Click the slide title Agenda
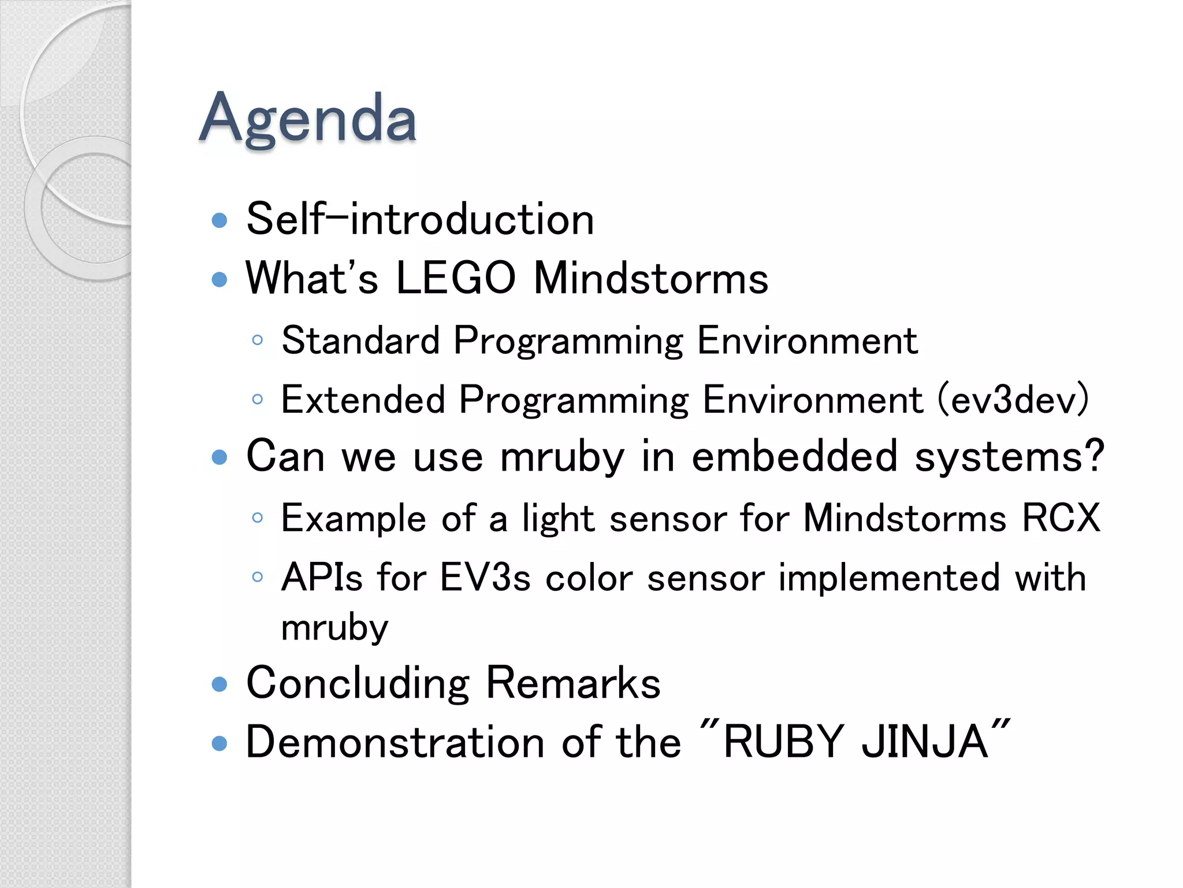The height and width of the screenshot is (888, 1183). pyautogui.click(x=307, y=119)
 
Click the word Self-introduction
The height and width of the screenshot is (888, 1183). pyautogui.click(x=420, y=220)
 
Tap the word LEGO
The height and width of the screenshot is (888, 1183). pyautogui.click(x=456, y=279)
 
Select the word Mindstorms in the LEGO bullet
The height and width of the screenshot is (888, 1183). pyautogui.click(x=650, y=279)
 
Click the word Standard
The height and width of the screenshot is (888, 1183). pyautogui.click(x=360, y=341)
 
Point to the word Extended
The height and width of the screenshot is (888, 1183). pyautogui.click(x=363, y=399)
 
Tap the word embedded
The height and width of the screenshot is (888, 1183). pyautogui.click(x=794, y=457)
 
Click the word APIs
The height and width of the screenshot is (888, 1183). pyautogui.click(x=322, y=578)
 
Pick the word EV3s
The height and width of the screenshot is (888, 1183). pyautogui.click(x=485, y=578)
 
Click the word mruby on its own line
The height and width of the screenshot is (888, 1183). pyautogui.click(x=334, y=628)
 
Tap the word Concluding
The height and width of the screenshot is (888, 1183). pyautogui.click(x=358, y=684)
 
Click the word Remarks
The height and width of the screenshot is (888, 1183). pyautogui.click(x=572, y=683)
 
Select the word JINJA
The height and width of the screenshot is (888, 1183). pyautogui.click(x=925, y=742)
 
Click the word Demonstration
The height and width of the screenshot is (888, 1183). pyautogui.click(x=395, y=742)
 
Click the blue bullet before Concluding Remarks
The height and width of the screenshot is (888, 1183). pyautogui.click(x=220, y=684)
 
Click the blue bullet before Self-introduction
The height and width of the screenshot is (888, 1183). pyautogui.click(x=220, y=220)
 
